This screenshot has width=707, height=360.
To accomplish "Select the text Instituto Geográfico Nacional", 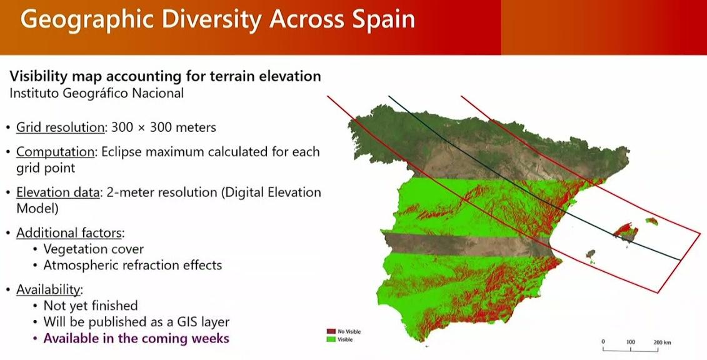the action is [x=96, y=93].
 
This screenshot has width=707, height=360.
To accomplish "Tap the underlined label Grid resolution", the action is [x=61, y=127].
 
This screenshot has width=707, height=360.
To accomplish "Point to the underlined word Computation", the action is [x=56, y=152].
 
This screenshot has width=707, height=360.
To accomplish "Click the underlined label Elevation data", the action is [x=58, y=192].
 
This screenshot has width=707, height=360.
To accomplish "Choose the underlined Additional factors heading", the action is [x=69, y=233].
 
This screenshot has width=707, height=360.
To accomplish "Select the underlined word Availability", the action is [x=49, y=289].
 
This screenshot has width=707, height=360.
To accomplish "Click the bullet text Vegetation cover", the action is [x=93, y=249].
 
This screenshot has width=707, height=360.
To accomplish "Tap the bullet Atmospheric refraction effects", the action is [x=133, y=265].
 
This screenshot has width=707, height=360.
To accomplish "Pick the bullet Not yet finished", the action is [x=90, y=306].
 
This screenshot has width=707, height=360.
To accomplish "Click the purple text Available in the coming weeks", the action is [x=136, y=338].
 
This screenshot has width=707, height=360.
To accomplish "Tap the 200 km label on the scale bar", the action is [x=662, y=342].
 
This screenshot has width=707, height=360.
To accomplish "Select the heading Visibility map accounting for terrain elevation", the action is [x=165, y=76].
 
